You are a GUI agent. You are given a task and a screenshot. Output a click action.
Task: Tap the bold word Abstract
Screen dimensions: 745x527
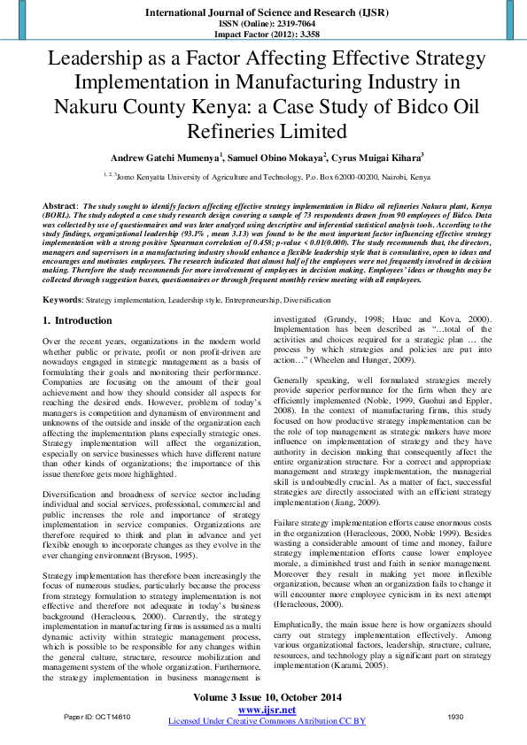[59, 204]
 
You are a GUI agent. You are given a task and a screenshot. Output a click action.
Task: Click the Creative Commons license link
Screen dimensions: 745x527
[266, 721]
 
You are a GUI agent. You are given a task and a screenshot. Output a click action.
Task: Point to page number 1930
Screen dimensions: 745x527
[455, 715]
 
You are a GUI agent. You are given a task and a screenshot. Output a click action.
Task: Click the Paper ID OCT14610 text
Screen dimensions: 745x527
[97, 715]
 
